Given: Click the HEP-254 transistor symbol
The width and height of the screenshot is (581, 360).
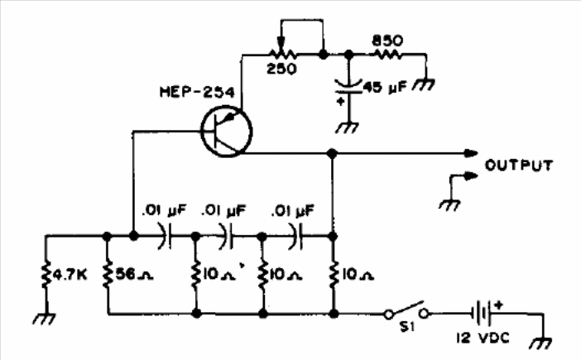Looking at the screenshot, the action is click(227, 132).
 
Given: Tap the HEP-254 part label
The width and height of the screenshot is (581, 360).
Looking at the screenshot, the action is click(197, 92).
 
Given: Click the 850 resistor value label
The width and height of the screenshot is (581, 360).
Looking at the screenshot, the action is click(387, 41).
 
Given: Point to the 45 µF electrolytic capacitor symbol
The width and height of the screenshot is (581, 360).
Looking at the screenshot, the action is click(348, 87).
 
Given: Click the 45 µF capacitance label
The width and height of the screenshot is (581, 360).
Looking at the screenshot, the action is click(385, 88).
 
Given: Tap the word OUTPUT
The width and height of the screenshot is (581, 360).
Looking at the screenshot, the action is click(519, 166).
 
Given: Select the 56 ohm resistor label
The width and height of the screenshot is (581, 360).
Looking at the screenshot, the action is click(135, 275).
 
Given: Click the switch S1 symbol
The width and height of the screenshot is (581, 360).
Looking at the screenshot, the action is click(406, 311).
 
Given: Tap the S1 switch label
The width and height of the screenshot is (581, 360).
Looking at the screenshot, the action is click(406, 327).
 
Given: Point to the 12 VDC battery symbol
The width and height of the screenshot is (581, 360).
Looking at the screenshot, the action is click(482, 314).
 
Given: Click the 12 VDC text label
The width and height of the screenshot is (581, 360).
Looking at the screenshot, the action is click(483, 338).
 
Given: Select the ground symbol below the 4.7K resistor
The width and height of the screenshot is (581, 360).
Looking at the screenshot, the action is click(45, 319).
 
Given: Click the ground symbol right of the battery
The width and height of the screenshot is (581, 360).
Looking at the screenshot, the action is click(541, 343).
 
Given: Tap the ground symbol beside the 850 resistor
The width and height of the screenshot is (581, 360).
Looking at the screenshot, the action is click(425, 84).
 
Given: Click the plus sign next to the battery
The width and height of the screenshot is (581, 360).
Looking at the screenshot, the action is click(499, 306).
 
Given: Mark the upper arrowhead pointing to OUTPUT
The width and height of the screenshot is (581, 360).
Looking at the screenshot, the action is click(471, 153).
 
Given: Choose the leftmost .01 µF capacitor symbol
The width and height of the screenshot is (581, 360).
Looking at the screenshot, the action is click(166, 236).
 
